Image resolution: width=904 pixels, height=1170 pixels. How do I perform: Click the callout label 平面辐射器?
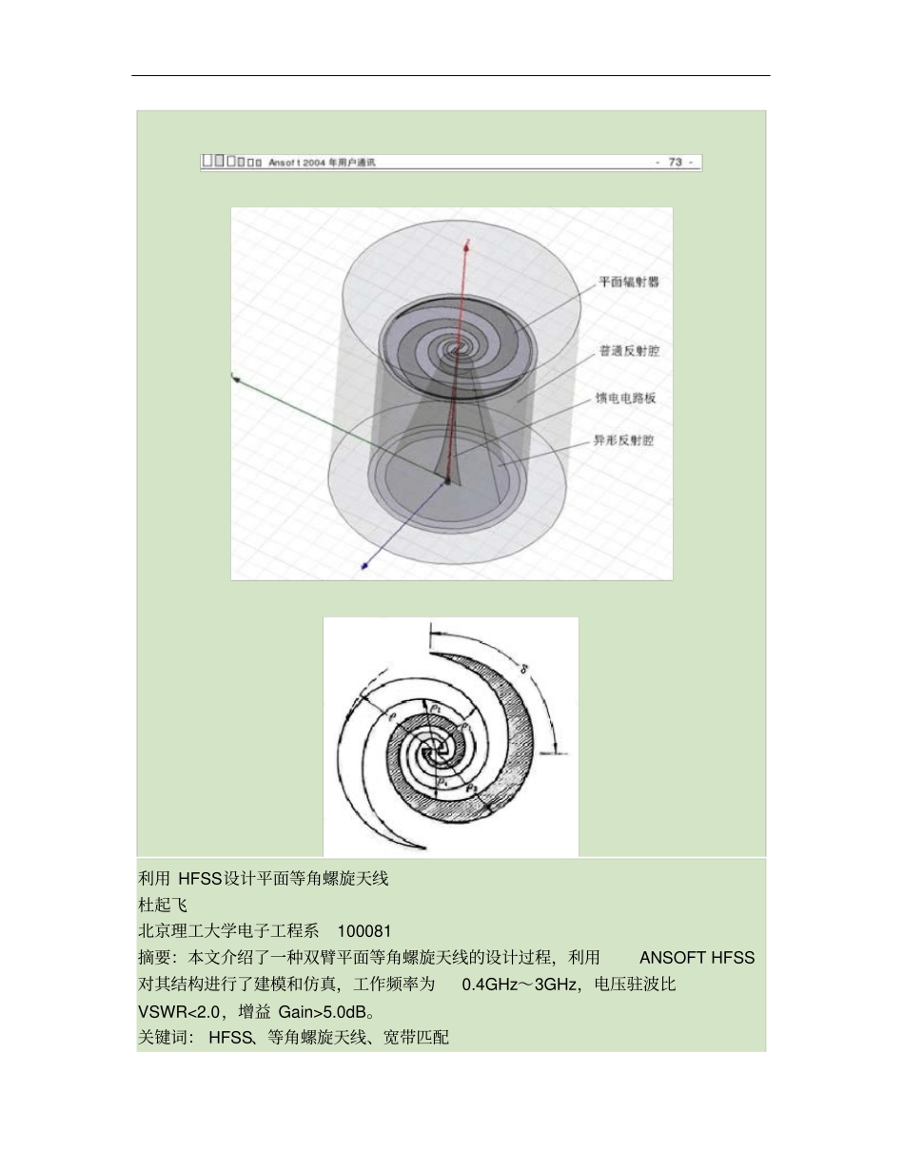[x=629, y=283]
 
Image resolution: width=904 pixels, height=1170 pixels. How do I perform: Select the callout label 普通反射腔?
[x=629, y=351]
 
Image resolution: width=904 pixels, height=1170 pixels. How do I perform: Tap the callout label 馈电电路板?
[x=625, y=398]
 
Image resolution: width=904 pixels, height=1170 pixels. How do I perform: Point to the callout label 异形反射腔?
[x=624, y=440]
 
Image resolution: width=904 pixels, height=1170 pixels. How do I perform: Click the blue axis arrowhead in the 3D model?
[x=364, y=568]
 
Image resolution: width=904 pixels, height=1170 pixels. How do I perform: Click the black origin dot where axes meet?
[x=447, y=481]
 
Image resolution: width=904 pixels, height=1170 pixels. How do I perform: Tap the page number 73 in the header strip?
[x=675, y=163]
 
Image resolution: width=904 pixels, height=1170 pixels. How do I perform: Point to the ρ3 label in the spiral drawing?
[x=469, y=787]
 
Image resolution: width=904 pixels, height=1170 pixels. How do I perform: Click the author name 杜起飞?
[x=163, y=905]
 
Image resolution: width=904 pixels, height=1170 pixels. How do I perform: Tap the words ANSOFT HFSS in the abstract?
[x=698, y=957]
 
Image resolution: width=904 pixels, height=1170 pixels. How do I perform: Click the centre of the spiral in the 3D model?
[x=462, y=348]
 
